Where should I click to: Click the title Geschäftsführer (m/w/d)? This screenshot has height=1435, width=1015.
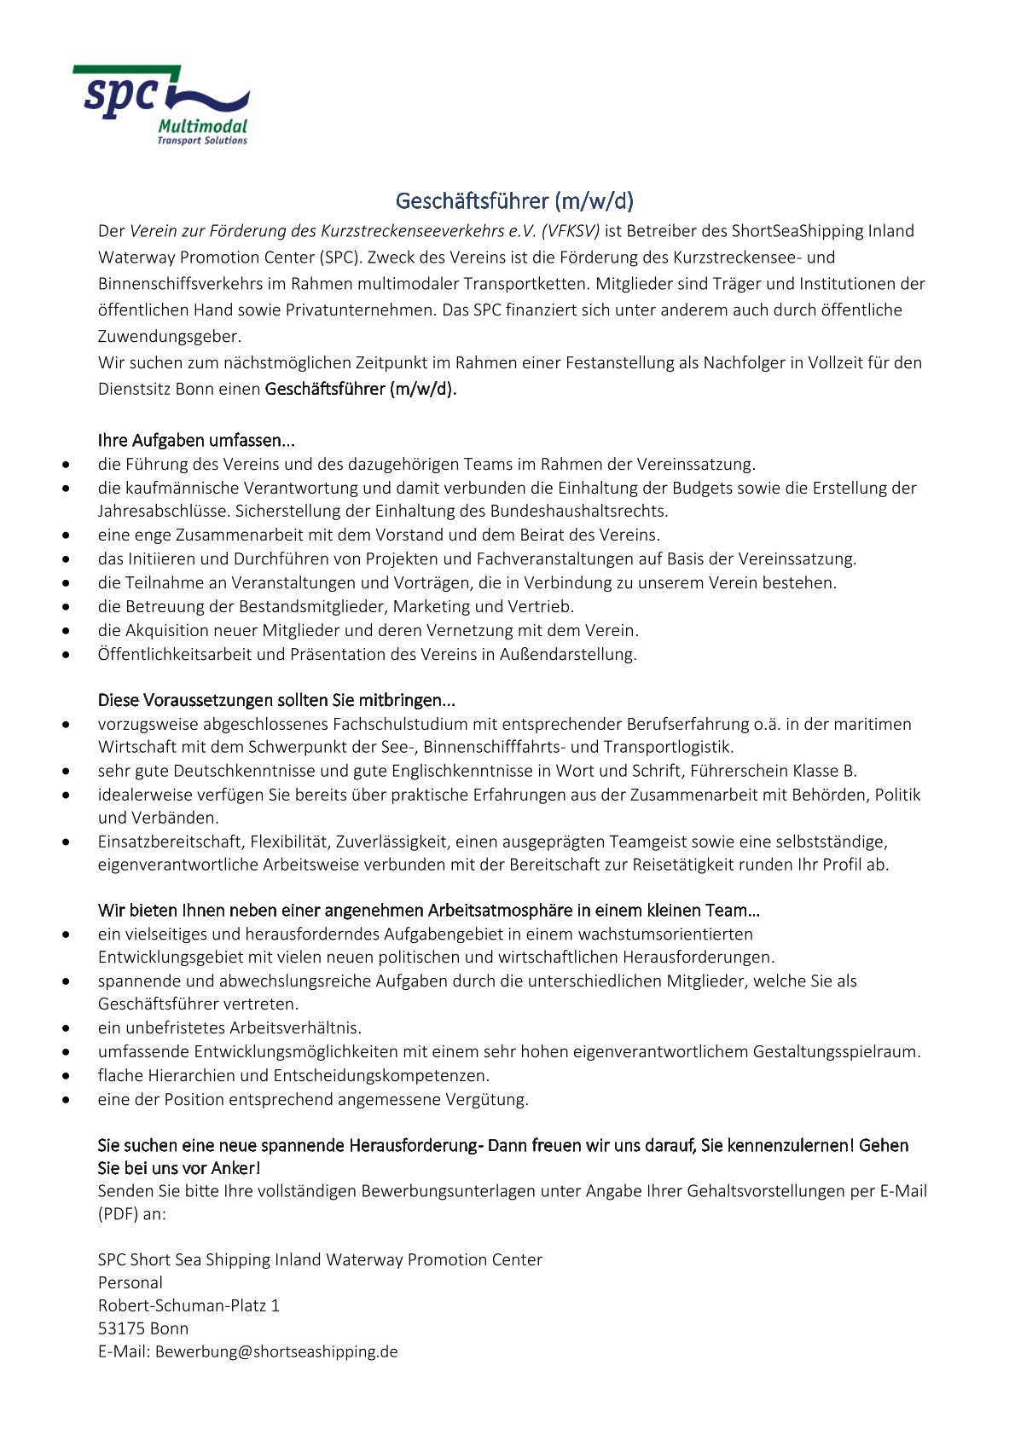coord(514,201)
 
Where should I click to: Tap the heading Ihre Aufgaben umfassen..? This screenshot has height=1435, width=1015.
coord(196,441)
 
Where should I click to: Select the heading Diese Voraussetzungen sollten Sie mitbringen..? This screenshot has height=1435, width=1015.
coord(276,700)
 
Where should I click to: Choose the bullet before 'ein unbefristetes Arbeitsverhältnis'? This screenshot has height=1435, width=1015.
coord(67,1028)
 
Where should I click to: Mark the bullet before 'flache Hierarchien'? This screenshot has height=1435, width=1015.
coord(67,1076)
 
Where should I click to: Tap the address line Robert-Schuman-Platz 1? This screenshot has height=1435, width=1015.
coord(188,1305)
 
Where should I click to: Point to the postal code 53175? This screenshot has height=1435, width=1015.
coord(120,1328)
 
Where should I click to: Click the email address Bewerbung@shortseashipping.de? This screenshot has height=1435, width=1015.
coord(276,1351)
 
